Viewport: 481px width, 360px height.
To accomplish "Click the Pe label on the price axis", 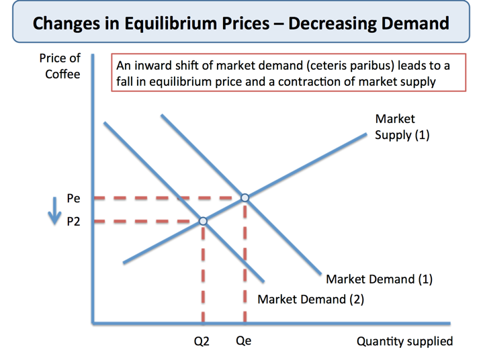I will (x=73, y=199).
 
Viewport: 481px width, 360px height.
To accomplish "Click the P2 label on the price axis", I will (x=73, y=221).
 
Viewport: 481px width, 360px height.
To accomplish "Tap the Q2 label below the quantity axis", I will (x=202, y=341).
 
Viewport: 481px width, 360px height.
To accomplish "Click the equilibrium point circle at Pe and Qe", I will (x=245, y=197).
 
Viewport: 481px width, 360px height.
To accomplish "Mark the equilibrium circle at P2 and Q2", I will (x=203, y=220).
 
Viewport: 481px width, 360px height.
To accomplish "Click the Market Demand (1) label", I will (x=379, y=279).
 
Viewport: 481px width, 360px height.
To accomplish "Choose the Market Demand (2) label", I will (x=310, y=299).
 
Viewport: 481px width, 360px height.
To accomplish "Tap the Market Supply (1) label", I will (x=402, y=127).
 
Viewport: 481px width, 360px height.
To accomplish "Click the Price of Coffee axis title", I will (x=60, y=66).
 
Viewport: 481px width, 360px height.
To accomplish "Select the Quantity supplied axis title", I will (x=404, y=341).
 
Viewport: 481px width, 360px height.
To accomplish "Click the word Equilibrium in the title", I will (x=174, y=24).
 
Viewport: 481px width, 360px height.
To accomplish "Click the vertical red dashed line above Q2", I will (x=203, y=275).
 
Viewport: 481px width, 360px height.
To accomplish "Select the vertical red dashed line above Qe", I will (x=245, y=262).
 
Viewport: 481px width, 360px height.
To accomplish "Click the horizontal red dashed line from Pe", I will (x=168, y=198).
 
